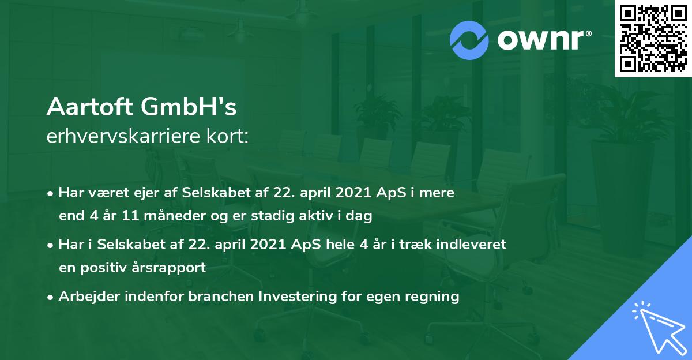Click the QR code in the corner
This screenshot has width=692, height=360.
click(653, 39)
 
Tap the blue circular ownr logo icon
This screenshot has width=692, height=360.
click(469, 40)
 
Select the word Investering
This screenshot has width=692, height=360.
click(296, 297)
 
